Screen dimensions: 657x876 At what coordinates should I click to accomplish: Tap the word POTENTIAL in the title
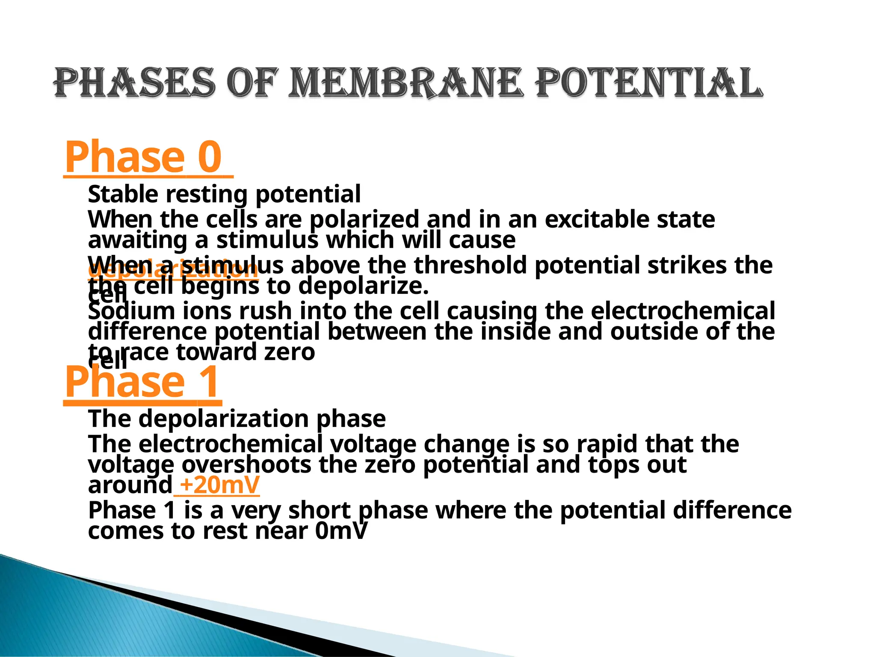(x=649, y=83)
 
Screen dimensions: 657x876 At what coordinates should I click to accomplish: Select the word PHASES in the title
(x=134, y=83)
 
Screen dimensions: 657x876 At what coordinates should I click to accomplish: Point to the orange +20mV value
(x=219, y=485)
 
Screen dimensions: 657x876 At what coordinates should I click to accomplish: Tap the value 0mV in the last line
(x=341, y=531)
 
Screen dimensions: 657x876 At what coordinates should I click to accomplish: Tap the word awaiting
(x=137, y=240)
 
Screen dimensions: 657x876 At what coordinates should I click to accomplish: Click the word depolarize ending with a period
(x=363, y=286)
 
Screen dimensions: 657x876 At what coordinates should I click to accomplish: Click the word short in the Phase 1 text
(x=319, y=510)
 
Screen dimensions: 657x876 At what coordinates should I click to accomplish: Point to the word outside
(x=654, y=331)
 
